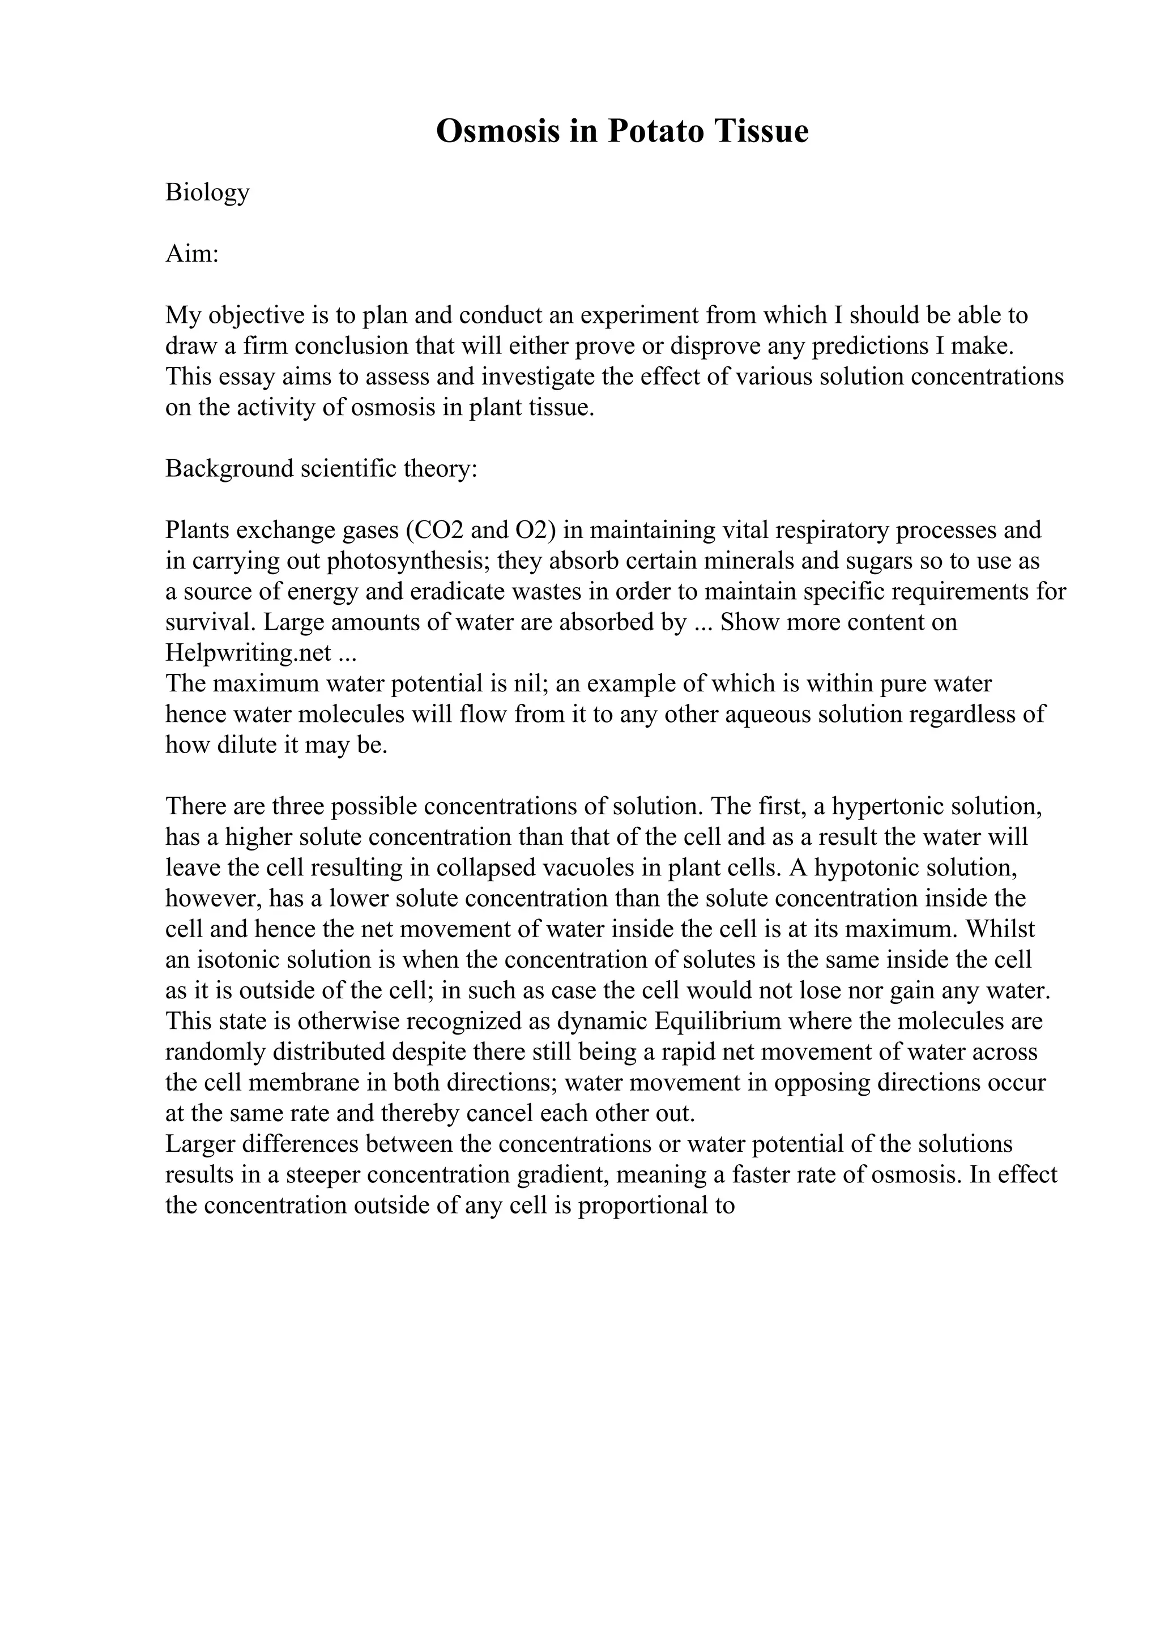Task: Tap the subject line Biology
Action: coord(207,193)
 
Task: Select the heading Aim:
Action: coord(191,254)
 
